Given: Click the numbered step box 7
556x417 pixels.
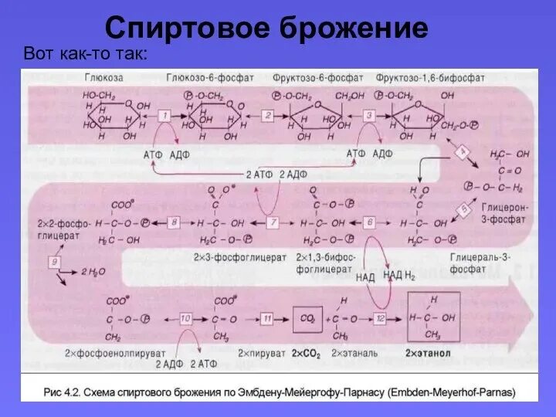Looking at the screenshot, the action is [273, 222].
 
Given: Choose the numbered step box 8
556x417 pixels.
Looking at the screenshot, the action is [174, 222].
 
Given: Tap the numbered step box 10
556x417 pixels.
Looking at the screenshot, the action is [185, 318].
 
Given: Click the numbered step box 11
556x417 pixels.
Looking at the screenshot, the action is [267, 318].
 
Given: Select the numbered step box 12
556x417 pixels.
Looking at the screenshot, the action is [380, 318].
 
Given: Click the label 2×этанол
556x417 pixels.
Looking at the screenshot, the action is [429, 354].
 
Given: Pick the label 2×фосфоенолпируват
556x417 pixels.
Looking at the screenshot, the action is [104, 354].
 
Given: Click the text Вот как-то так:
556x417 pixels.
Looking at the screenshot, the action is [86, 54].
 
